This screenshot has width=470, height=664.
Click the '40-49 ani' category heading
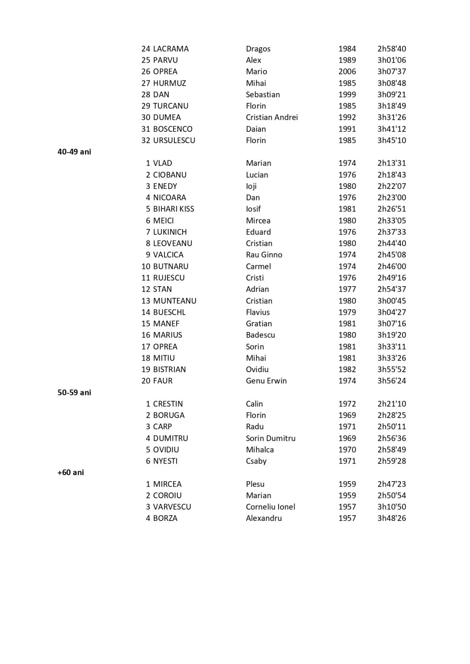tap(74, 152)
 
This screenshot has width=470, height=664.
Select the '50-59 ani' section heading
tap(74, 393)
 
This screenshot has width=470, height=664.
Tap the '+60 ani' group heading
tap(71, 472)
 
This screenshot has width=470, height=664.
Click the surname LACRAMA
tap(171, 49)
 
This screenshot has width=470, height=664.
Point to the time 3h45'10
tap(391, 140)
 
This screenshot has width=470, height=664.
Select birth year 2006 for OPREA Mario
tap(347, 72)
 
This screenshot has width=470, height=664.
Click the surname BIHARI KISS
tap(174, 209)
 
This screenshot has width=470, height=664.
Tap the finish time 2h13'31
tap(391, 163)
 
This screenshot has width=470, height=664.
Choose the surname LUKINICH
tap(170, 232)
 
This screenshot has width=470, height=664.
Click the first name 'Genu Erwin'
tap(266, 381)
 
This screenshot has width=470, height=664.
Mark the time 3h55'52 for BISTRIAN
tap(391, 370)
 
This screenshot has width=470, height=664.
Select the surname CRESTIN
tap(167, 404)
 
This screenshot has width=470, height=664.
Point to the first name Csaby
tap(256, 461)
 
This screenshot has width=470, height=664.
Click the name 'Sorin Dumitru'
tap(270, 438)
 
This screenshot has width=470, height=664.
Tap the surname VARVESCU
tap(172, 507)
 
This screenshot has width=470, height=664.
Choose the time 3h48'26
tap(391, 518)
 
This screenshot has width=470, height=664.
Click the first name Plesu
tap(255, 484)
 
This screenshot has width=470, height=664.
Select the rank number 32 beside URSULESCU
tap(146, 140)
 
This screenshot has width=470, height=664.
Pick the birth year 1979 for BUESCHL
tap(347, 312)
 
